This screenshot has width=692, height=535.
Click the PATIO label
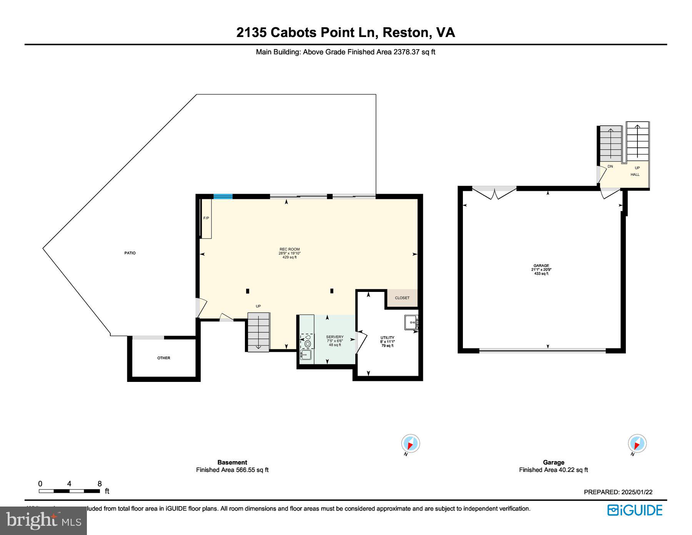[130, 253]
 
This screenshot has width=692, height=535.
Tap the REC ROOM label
[289, 249]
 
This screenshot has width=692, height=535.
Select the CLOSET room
[402, 298]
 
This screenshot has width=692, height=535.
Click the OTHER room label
[163, 358]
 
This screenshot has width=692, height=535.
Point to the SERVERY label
[334, 337]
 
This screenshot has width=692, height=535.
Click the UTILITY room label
[387, 338]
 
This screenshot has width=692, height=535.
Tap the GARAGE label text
[541, 266]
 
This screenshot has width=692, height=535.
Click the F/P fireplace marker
[206, 218]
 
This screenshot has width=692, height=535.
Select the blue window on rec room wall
[223, 197]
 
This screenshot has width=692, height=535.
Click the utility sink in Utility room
[411, 322]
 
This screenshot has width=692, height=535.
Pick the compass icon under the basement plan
[410, 444]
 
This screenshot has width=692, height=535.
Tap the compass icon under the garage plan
[637, 444]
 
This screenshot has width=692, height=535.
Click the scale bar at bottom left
[69, 491]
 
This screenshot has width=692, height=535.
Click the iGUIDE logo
[635, 510]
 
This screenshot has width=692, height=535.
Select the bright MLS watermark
[43, 521]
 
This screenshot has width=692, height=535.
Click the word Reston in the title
[406, 32]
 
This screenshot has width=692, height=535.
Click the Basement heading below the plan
[232, 462]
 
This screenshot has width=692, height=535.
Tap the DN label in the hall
[610, 167]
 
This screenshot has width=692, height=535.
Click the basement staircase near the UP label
[258, 332]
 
